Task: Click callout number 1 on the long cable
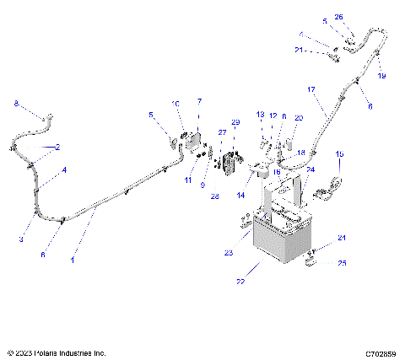point(73,261)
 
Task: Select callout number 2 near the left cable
point(57,148)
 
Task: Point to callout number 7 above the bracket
point(199,102)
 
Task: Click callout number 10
point(175,104)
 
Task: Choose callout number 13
point(261,115)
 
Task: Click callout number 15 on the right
point(339,154)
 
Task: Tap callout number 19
point(381,76)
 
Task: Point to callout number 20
point(298,119)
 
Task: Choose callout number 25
point(342,264)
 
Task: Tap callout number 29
point(236,123)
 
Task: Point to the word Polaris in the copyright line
point(46,352)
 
